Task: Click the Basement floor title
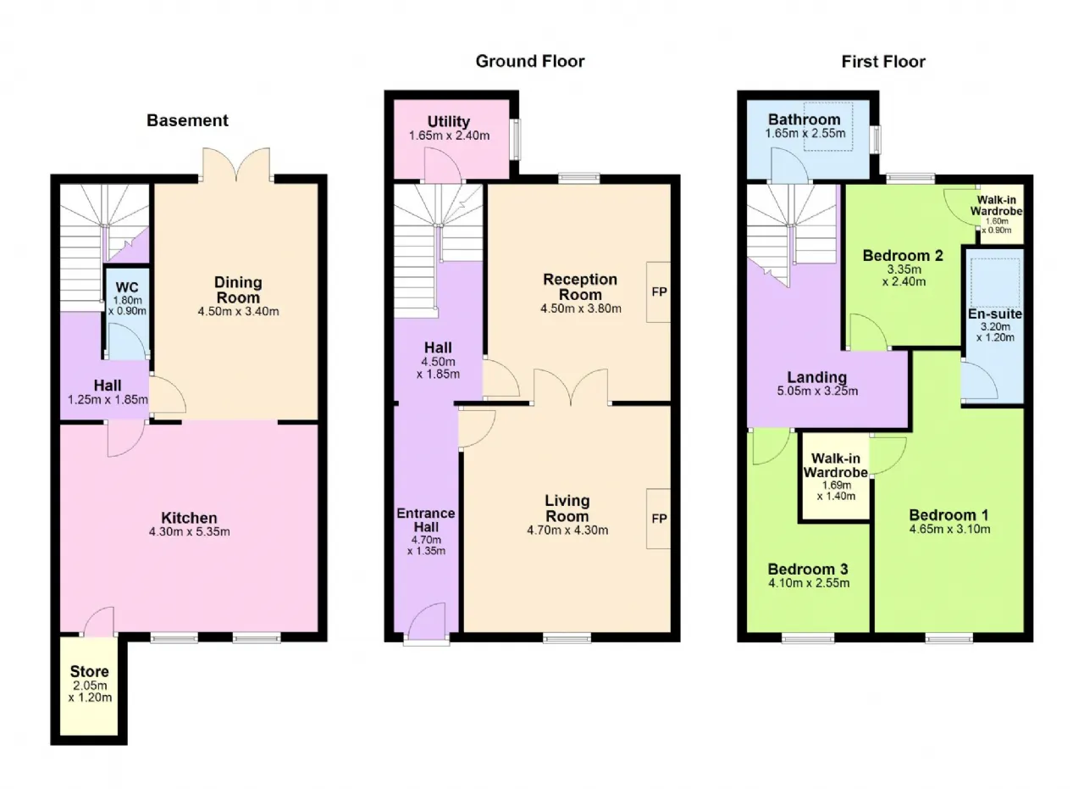tap(187, 120)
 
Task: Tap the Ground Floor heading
tap(530, 61)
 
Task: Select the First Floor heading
tap(883, 62)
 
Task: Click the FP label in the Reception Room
tap(659, 292)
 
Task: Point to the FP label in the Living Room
tap(659, 519)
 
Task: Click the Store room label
tap(90, 671)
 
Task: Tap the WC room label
tap(127, 287)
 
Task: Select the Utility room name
tap(449, 121)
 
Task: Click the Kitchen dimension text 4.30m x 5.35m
tap(189, 531)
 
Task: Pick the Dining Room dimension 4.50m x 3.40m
tap(238, 311)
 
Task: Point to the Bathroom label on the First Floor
tap(805, 119)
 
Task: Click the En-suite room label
tap(995, 314)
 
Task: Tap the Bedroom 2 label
tap(903, 255)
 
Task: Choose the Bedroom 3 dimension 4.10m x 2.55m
tap(809, 583)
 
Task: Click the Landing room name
tap(817, 377)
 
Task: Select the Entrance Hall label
tap(426, 520)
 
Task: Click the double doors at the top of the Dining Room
tap(236, 164)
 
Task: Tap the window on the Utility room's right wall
tap(517, 140)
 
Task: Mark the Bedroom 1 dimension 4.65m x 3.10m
tap(949, 529)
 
